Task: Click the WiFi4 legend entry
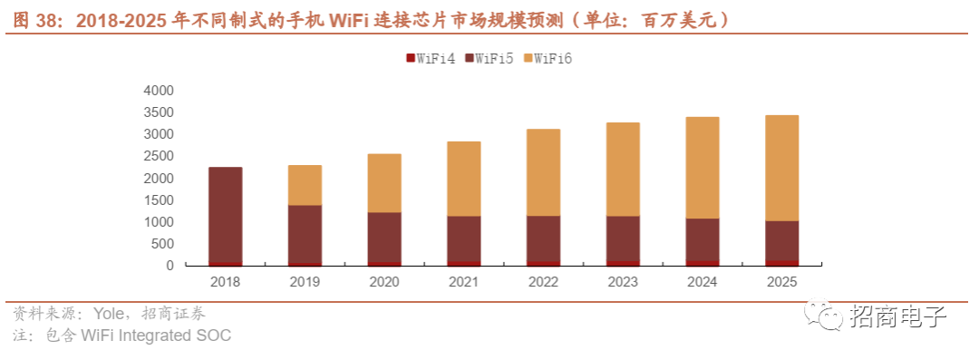[431, 59]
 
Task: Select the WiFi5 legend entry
[489, 59]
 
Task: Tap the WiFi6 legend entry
[548, 59]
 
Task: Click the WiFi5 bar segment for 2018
[226, 214]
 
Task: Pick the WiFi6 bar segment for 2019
[305, 185]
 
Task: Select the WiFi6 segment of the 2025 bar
[781, 168]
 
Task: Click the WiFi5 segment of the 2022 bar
[543, 238]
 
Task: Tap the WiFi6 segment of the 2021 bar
[464, 179]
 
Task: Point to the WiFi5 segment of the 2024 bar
[702, 239]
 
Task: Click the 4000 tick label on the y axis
[159, 92]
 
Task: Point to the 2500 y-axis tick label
[159, 156]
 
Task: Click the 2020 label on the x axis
[384, 282]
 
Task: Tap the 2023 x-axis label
[623, 282]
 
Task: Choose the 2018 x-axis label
[226, 282]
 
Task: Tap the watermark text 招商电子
[898, 316]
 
